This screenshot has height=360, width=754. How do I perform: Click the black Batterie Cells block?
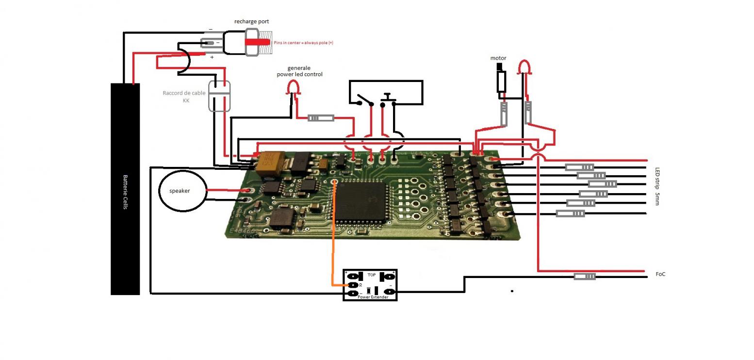coord(125,189)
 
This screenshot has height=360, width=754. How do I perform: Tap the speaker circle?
coord(180,191)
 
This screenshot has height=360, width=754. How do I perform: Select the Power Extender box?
coord(370,285)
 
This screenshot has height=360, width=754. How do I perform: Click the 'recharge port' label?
coord(251,21)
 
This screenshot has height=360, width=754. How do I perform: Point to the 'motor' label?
coord(498,58)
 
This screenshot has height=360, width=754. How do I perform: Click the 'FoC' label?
coord(660,274)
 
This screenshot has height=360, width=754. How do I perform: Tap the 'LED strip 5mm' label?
coord(657,186)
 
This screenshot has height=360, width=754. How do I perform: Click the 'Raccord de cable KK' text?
coord(184,97)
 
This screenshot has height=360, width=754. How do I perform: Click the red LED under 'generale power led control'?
coord(293,87)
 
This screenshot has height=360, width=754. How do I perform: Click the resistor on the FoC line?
coord(585,277)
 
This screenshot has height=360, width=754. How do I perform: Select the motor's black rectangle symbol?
coord(501,82)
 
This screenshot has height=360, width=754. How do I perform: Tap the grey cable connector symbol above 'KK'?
coord(219,96)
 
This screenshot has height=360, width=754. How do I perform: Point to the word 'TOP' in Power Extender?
coord(372,275)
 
